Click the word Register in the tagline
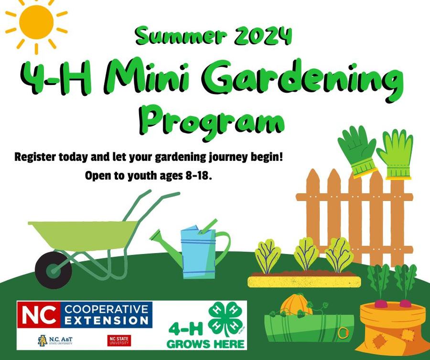(x=36, y=157)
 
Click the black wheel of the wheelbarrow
(x=54, y=270)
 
